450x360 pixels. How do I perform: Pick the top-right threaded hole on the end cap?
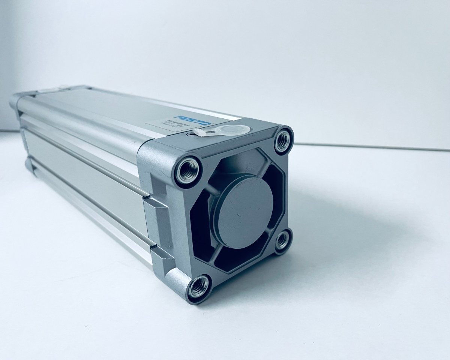click(x=282, y=141)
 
